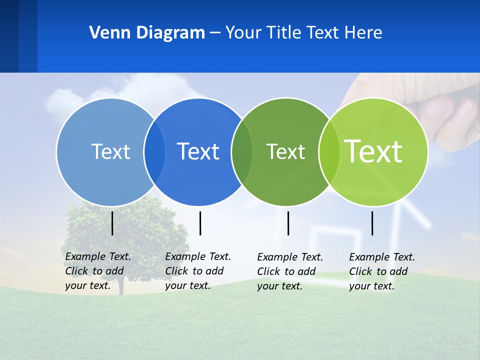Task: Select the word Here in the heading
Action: pos(363,33)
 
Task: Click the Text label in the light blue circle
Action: pos(110,151)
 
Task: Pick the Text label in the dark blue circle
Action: pos(198,151)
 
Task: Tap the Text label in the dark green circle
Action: pos(285,151)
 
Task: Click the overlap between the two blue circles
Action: pos(154,151)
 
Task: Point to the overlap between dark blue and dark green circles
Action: pos(242,151)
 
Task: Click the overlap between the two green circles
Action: pos(329,151)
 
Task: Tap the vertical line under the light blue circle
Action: pos(112,223)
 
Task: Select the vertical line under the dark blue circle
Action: pos(200,223)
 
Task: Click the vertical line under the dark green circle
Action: pos(288,223)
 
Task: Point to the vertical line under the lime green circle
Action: pos(372,223)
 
